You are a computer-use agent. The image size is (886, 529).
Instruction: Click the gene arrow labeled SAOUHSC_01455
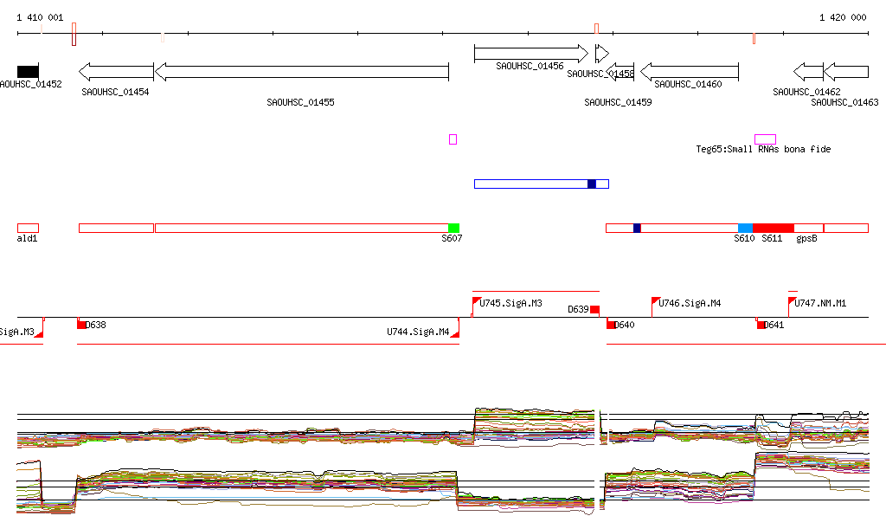tap(301, 71)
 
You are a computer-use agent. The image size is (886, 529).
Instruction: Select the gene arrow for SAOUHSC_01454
tap(116, 71)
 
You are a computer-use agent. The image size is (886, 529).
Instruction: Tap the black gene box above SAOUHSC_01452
tap(28, 71)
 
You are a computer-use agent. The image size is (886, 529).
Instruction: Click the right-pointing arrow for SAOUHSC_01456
tap(530, 54)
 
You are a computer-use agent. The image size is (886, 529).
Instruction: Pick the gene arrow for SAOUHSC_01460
tap(689, 71)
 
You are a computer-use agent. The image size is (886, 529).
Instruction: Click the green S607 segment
tap(453, 228)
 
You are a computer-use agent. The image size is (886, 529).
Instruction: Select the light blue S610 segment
tap(745, 228)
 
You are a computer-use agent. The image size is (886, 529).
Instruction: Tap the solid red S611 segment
tap(773, 228)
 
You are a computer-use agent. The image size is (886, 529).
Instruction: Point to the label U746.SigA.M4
tap(690, 303)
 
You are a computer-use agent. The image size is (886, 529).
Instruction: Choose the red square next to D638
tap(81, 325)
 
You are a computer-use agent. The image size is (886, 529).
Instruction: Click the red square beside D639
tap(594, 310)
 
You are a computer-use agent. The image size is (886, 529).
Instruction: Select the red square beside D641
tap(761, 325)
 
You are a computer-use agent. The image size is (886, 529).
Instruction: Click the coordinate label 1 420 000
tap(843, 17)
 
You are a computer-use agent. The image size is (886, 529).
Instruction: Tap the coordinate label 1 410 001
tap(40, 17)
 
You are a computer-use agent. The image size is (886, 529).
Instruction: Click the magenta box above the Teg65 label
tap(765, 139)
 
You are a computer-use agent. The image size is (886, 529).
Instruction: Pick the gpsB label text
tap(806, 238)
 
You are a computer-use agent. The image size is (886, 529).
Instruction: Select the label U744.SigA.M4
tap(418, 332)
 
